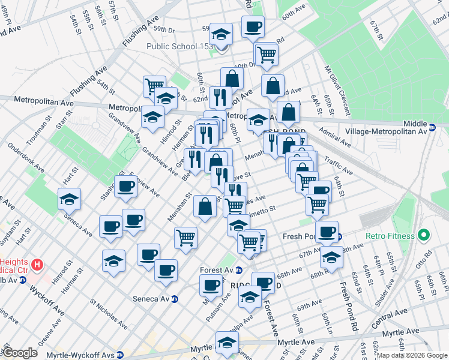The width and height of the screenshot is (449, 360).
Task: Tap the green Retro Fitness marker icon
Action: [x=424, y=234]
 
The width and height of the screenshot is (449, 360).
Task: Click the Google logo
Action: [x=20, y=353]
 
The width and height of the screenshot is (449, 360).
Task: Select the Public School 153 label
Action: [x=180, y=47]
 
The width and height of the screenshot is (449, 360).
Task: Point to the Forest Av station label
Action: [x=217, y=270]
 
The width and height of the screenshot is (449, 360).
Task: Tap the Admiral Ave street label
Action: [x=335, y=139]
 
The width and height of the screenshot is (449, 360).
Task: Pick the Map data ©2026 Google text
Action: [x=412, y=355]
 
